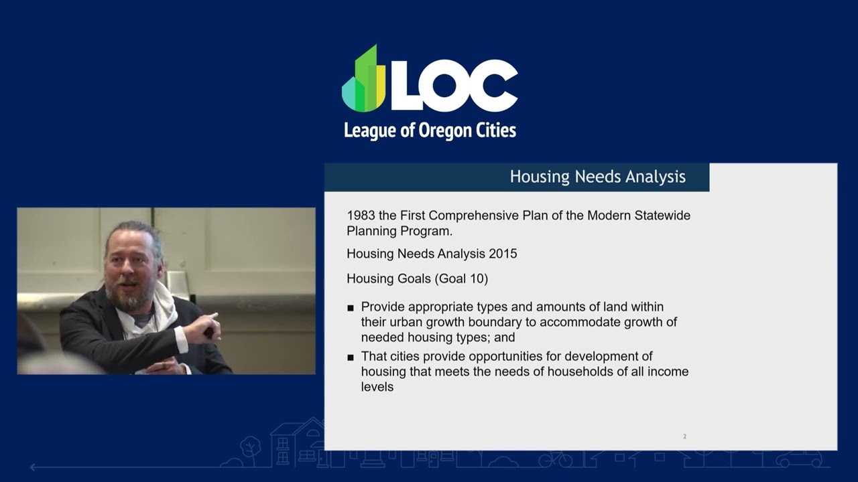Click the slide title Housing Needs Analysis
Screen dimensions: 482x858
point(597,177)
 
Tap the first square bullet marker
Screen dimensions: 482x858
point(351,308)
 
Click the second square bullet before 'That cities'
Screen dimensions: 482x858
point(351,357)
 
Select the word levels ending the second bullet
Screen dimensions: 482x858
point(377,387)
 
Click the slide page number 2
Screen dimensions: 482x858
point(684,436)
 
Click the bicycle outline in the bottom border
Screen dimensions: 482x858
point(556,459)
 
